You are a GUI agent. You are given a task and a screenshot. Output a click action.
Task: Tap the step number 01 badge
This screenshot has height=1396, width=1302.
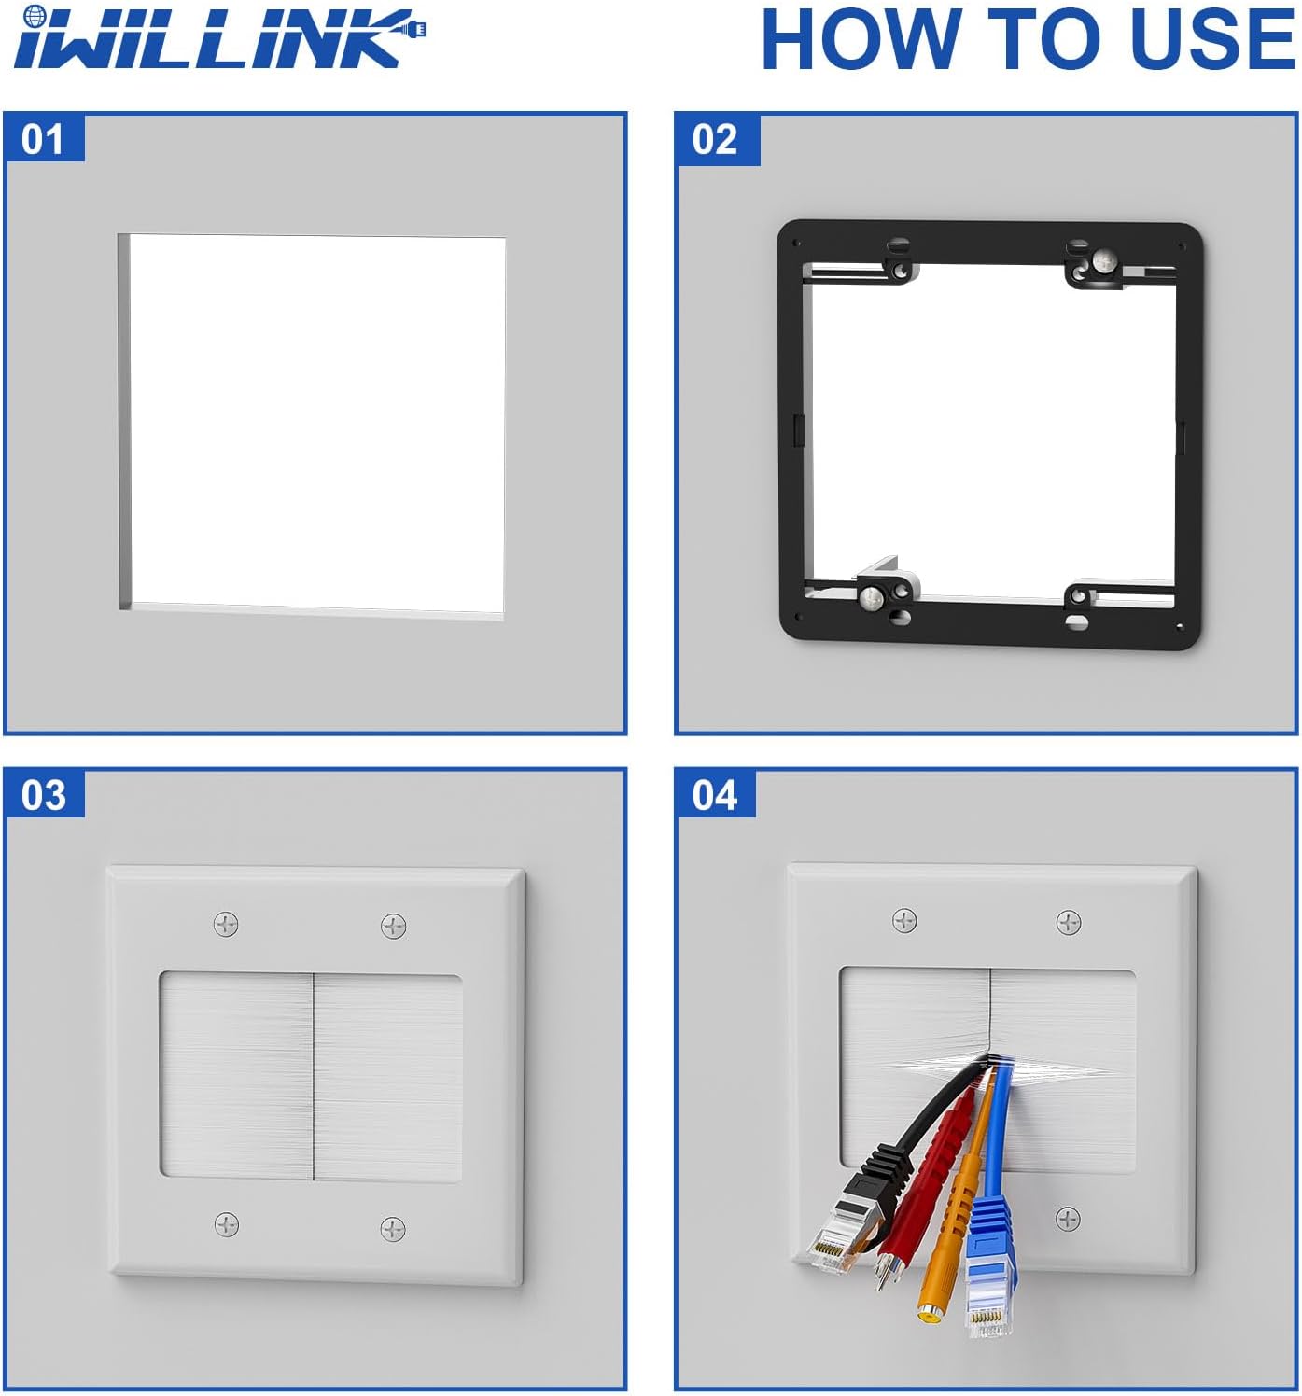[44, 138]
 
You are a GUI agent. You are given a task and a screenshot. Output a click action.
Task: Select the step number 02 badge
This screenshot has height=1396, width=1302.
[716, 140]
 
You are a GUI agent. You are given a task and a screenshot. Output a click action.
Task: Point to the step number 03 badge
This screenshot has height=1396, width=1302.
[44, 795]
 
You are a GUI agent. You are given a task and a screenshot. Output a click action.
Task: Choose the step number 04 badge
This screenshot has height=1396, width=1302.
[715, 795]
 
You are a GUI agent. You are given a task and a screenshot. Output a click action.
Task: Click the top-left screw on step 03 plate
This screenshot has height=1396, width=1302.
[226, 924]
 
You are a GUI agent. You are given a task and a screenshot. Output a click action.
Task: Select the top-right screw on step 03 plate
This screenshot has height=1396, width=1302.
[393, 926]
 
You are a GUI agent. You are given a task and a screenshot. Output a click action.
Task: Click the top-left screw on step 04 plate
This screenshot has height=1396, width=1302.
[904, 920]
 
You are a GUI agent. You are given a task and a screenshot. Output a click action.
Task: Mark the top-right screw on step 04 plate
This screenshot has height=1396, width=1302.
[1069, 922]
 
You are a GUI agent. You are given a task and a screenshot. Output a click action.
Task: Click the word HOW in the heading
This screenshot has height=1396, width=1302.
[861, 39]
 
